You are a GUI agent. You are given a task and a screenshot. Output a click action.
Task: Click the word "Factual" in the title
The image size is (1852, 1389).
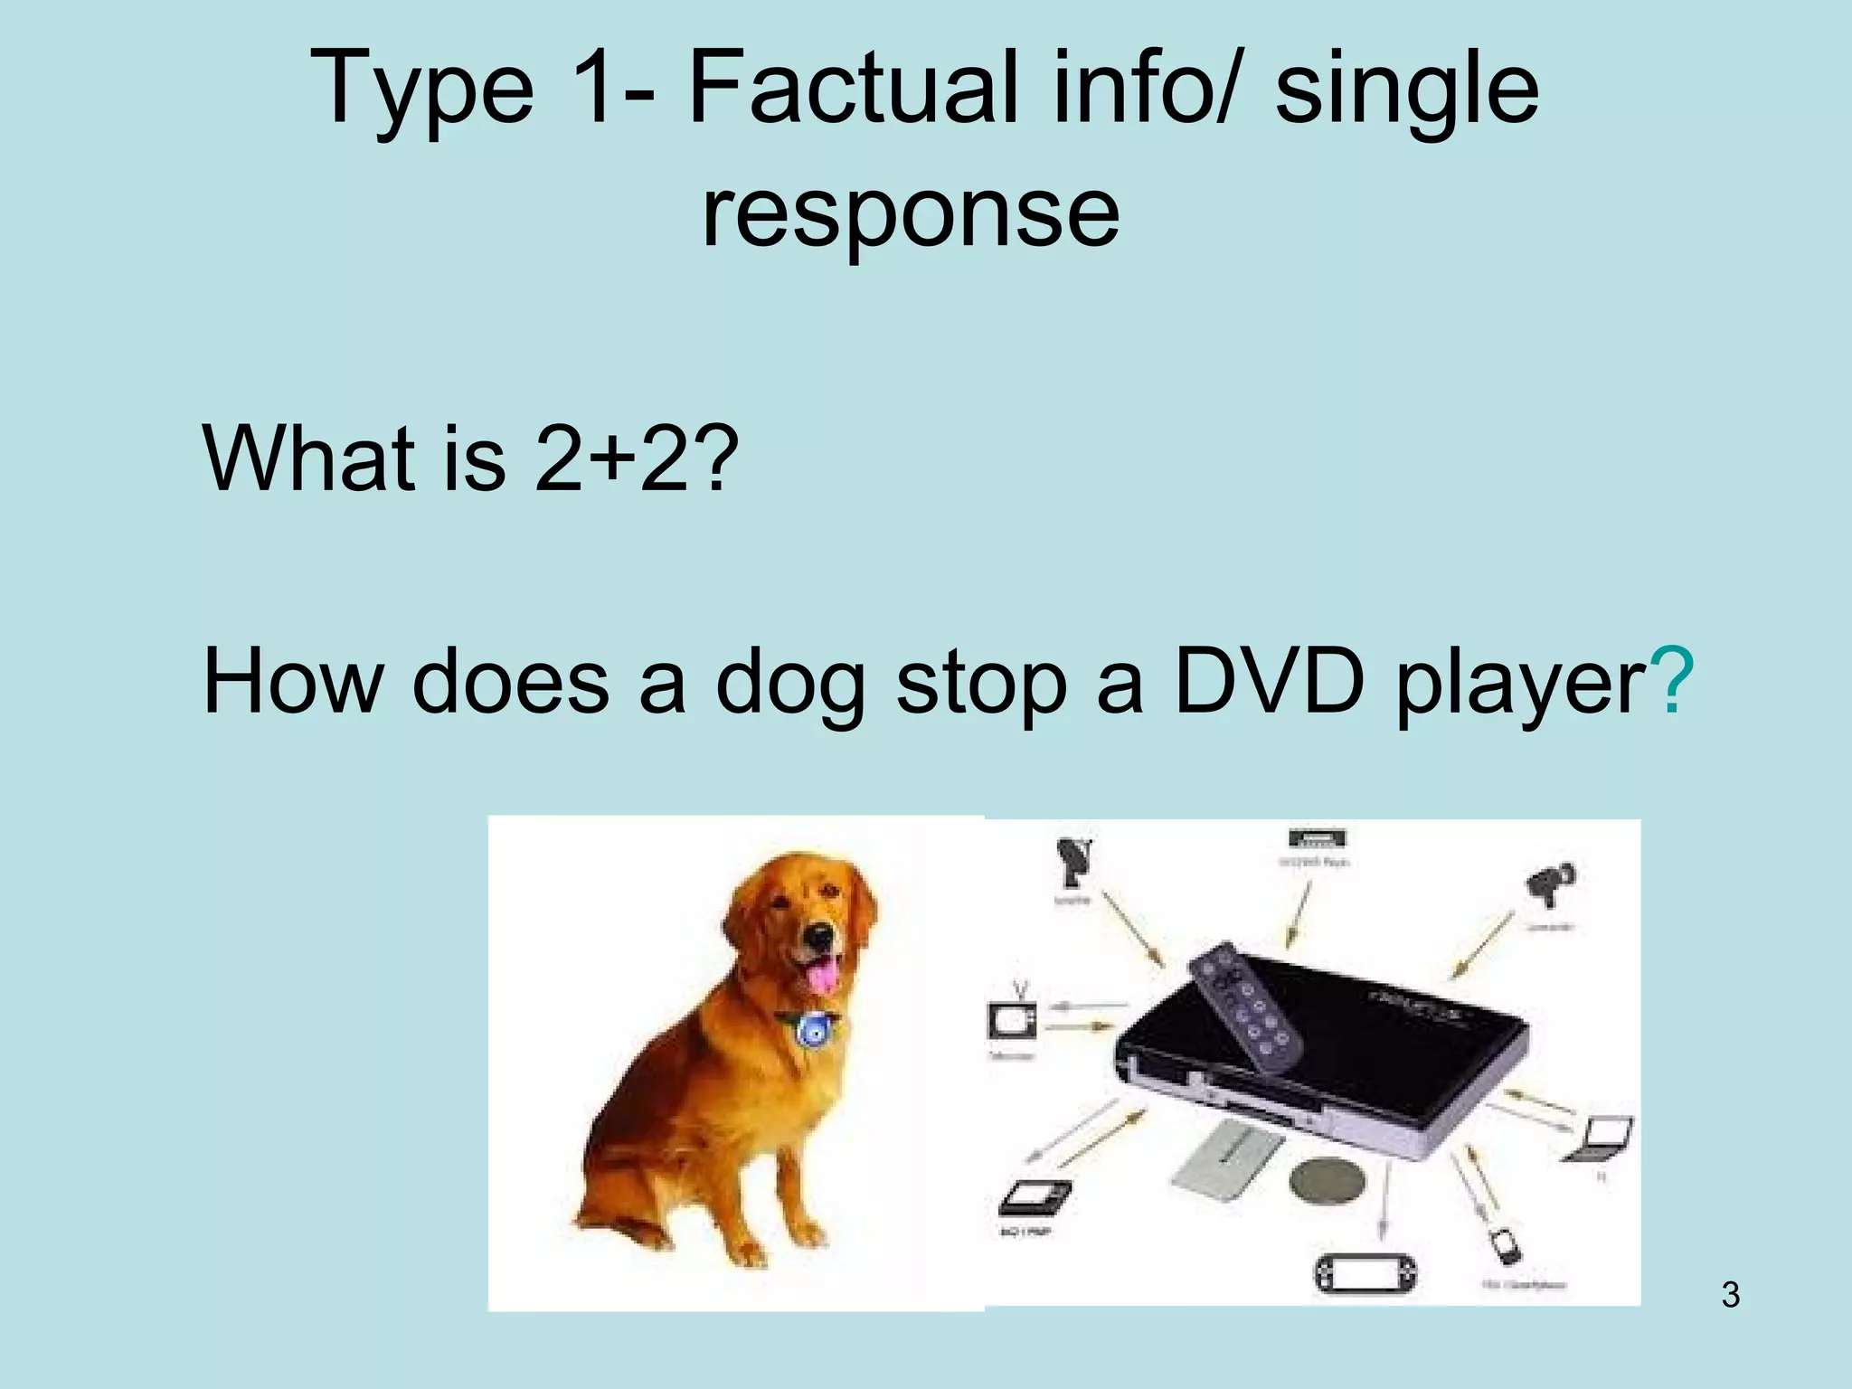coord(855,91)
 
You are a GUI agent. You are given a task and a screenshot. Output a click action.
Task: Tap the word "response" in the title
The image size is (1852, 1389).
coord(910,213)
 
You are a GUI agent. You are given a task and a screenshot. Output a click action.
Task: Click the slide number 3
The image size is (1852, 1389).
coord(1730,1295)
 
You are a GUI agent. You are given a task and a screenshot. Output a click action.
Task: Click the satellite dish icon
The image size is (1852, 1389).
coord(1074,863)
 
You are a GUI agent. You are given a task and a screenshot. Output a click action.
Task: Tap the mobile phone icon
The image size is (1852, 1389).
coord(1506,1246)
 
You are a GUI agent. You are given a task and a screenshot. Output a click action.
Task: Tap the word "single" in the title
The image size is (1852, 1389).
coord(1406,91)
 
